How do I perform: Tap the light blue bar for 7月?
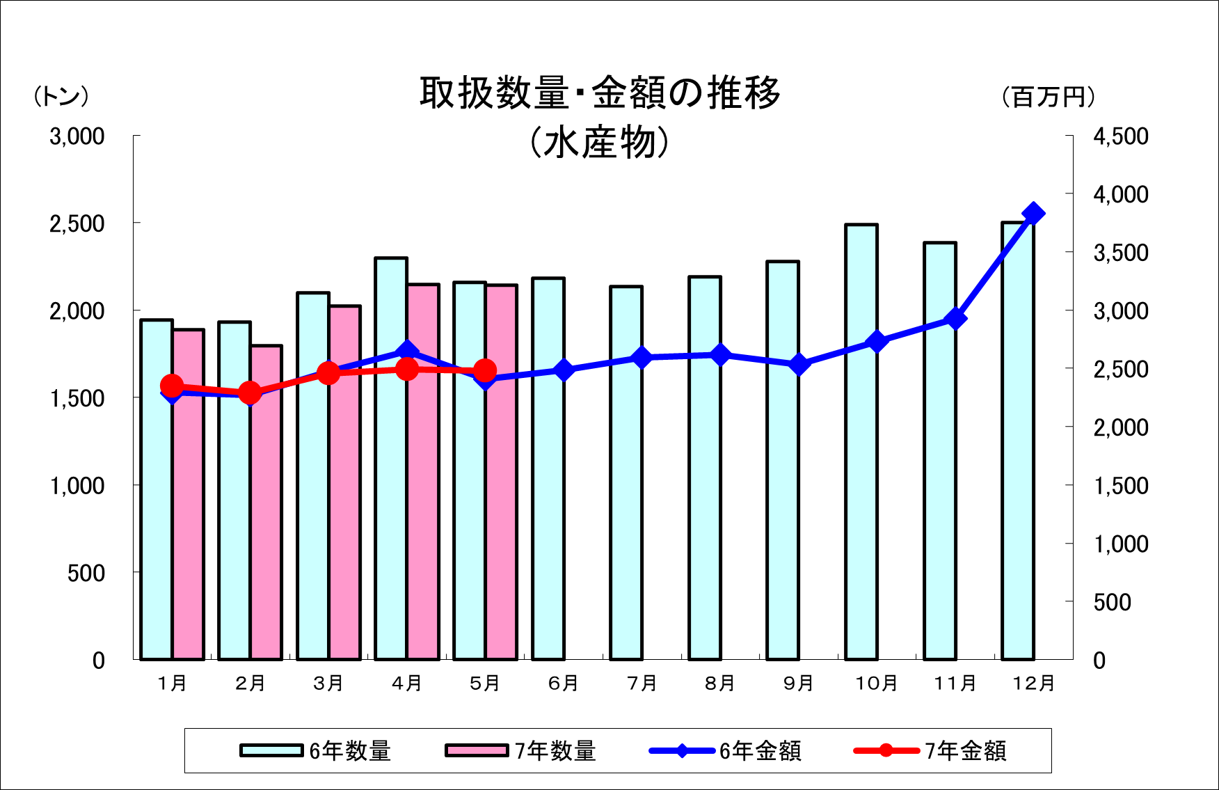pyautogui.click(x=626, y=473)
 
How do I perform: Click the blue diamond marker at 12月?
pyautogui.click(x=1033, y=214)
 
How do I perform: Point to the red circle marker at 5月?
pyautogui.click(x=485, y=371)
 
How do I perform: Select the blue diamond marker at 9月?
pyautogui.click(x=799, y=365)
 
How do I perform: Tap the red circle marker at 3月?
pyautogui.click(x=328, y=373)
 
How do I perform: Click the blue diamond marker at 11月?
pyautogui.click(x=956, y=319)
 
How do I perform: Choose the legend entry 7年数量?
pyautogui.click(x=521, y=751)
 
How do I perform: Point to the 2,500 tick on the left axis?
pyautogui.click(x=77, y=224)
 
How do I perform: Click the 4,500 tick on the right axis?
pyautogui.click(x=1120, y=136)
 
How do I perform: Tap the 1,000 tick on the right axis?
pyautogui.click(x=1120, y=544)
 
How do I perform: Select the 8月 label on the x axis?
pyautogui.click(x=720, y=684)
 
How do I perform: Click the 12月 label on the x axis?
pyautogui.click(x=1033, y=684)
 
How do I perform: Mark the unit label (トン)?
pyautogui.click(x=61, y=97)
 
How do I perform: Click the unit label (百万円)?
pyautogui.click(x=1049, y=97)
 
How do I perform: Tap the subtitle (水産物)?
pyautogui.click(x=600, y=143)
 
